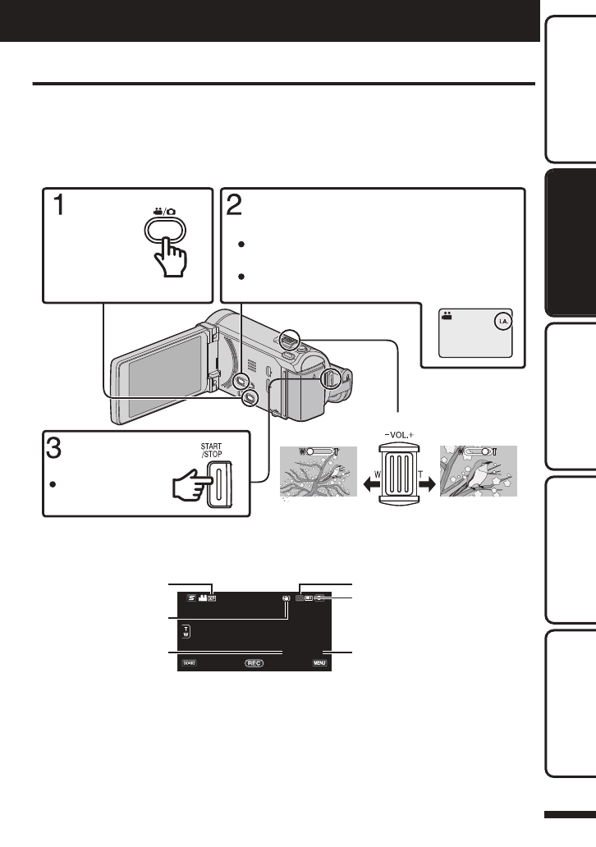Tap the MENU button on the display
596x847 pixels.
click(320, 662)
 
